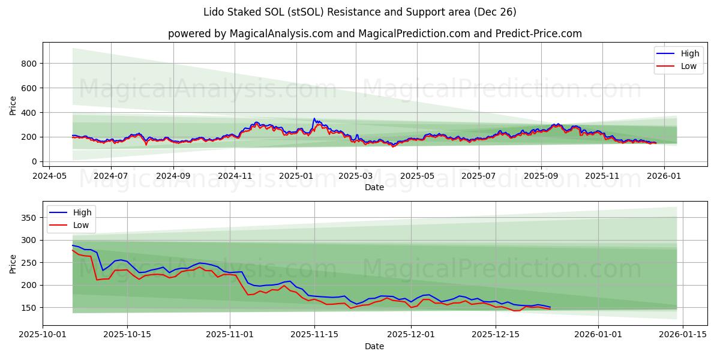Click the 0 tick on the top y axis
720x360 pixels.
coord(35,161)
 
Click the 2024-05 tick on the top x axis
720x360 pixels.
coord(49,176)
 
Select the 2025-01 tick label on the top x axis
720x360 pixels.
coord(296,176)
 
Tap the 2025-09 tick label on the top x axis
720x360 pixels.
coord(541,176)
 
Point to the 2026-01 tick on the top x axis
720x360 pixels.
coord(664,176)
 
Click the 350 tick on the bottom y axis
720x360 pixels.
coord(28,217)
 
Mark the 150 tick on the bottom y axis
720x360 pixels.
coord(28,308)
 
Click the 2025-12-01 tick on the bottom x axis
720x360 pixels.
coord(411,335)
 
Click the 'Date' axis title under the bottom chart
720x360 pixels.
coord(374,346)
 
